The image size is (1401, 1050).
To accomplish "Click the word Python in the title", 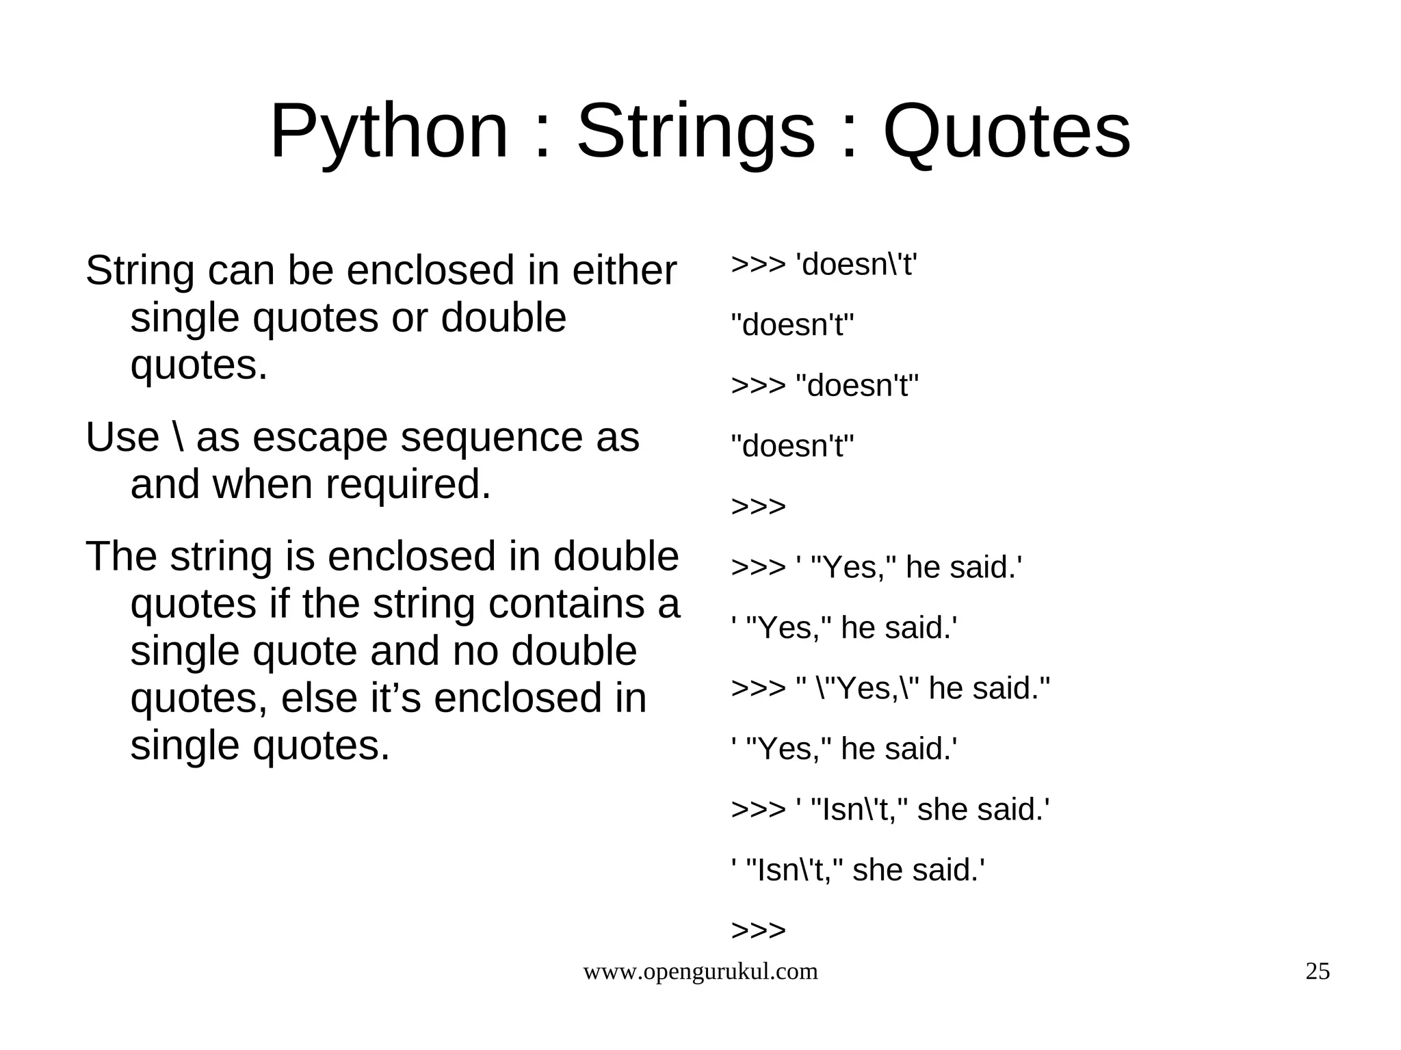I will tap(389, 131).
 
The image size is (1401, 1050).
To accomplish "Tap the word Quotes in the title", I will tap(1006, 131).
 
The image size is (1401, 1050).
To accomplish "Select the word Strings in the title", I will tap(696, 131).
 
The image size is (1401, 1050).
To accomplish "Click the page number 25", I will tap(1318, 971).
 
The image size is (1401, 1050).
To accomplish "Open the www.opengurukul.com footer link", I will tap(700, 971).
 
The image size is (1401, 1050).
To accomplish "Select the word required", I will tap(408, 484).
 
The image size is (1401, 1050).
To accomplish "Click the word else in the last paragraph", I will tap(319, 698).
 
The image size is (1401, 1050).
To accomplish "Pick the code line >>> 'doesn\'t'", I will tap(824, 265).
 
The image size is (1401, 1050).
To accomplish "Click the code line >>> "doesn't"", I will tap(824, 386).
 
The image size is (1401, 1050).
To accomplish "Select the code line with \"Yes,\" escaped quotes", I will tap(890, 688).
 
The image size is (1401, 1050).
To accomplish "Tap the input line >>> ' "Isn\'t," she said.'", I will tap(890, 810).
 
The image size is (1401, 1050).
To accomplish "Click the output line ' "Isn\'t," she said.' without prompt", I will tap(858, 870).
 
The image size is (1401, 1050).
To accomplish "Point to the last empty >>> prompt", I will tap(758, 930).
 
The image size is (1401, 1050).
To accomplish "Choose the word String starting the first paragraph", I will tap(140, 270).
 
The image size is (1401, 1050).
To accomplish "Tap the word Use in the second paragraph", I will tap(122, 438).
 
